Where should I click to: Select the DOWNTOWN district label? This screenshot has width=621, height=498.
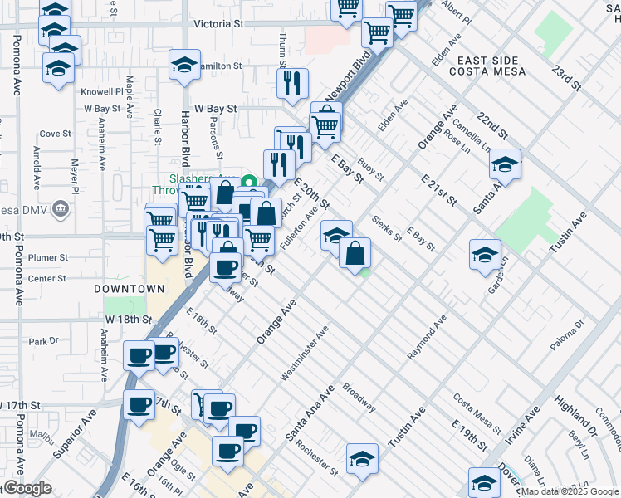[129, 289]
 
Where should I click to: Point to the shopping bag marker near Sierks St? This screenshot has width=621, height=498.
[355, 254]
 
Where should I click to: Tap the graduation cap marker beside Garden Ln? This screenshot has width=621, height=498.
[485, 255]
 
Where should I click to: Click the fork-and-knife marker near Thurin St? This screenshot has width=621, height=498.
[292, 83]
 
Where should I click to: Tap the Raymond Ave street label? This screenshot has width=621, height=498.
[427, 336]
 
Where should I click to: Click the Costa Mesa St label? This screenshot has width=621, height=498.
[477, 413]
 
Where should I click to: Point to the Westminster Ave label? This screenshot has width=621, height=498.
[305, 354]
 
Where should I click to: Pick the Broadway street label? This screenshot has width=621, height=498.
[359, 398]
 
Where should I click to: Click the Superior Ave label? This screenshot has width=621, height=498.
[75, 442]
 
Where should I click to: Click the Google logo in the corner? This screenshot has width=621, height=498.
[27, 488]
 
